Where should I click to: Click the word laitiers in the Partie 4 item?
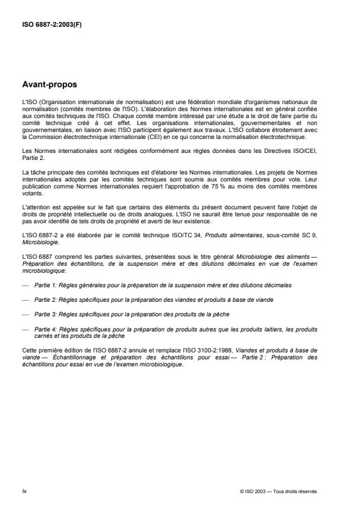[x=273, y=328]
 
